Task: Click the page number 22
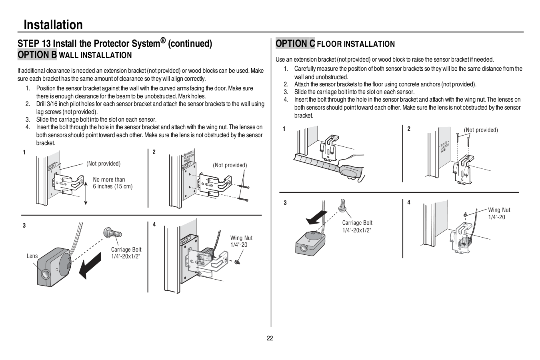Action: [270, 338]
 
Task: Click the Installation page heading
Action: [53, 24]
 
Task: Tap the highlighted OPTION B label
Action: [37, 55]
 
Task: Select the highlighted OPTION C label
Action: [295, 44]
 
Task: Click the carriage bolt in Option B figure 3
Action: [112, 233]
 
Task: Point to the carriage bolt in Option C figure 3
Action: [342, 206]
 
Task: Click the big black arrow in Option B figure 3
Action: [90, 266]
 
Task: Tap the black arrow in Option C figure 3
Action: [316, 218]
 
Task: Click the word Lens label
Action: [32, 256]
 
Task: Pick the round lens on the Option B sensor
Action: [45, 274]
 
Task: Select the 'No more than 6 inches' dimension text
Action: [112, 183]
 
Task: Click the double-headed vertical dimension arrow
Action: [86, 193]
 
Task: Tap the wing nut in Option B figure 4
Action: [237, 262]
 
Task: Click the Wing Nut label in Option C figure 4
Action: [499, 213]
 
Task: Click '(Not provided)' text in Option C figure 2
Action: [481, 130]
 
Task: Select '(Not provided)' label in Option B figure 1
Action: [104, 164]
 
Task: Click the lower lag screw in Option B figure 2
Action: [243, 200]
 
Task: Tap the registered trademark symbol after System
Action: [163, 40]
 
